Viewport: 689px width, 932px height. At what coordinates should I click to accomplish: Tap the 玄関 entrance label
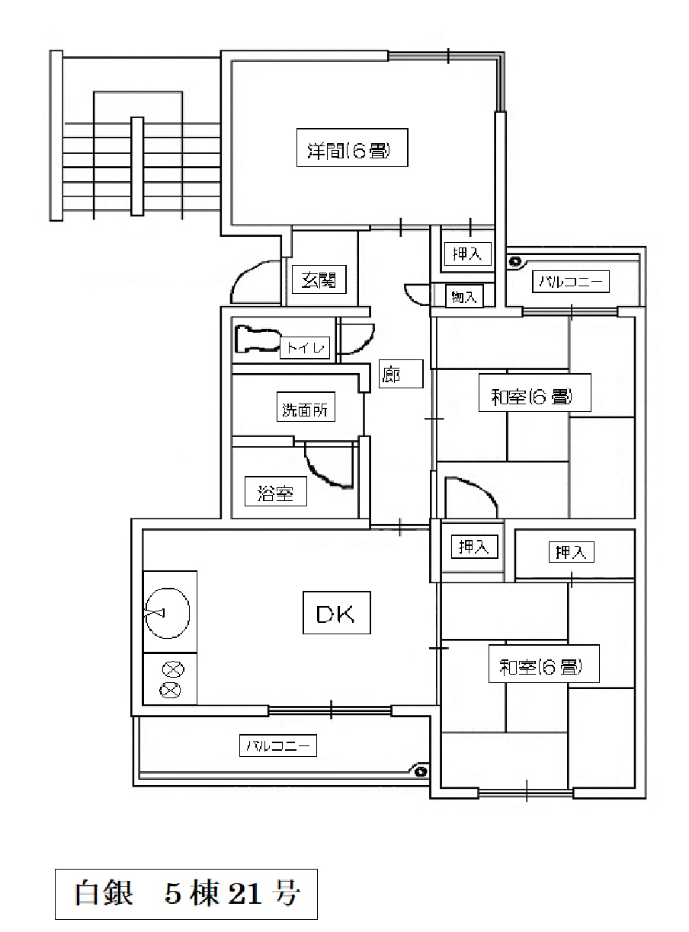pyautogui.click(x=319, y=279)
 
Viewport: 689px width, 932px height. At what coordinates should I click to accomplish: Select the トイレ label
pyautogui.click(x=305, y=347)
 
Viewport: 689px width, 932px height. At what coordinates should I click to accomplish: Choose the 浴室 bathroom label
pyautogui.click(x=275, y=491)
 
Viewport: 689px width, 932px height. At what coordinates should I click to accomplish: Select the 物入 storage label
pyautogui.click(x=464, y=296)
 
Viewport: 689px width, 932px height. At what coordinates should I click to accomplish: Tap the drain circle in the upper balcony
pyautogui.click(x=514, y=262)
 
